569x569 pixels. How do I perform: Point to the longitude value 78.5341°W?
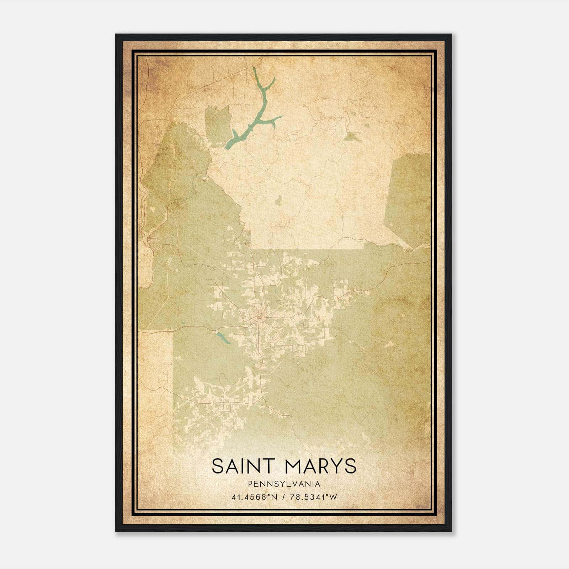313,497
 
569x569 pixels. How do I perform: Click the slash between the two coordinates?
283,497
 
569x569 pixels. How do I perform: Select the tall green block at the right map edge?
409,199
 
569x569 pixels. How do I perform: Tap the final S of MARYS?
350,466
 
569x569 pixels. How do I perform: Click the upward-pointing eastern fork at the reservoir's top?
272,80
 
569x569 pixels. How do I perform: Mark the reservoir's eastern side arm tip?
281,116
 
